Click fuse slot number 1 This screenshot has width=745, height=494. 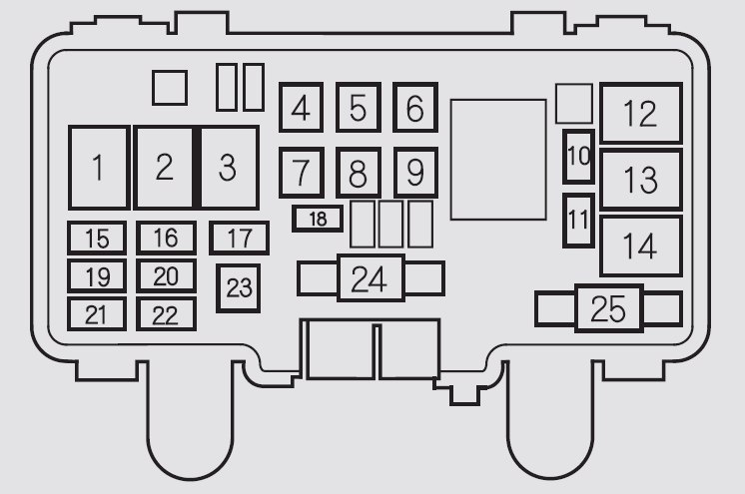(98, 168)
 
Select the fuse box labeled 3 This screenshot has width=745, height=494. (229, 168)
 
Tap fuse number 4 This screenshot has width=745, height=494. (301, 109)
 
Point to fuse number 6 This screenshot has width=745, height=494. (414, 109)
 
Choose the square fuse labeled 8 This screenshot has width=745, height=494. (358, 175)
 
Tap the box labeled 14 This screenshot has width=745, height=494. (640, 245)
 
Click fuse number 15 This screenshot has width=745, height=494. (97, 239)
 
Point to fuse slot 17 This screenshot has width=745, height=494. (239, 239)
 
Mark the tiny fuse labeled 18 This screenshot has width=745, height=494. (318, 219)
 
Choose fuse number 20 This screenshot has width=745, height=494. (166, 275)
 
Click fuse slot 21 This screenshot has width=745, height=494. (97, 314)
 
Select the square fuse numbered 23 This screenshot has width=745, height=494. (239, 288)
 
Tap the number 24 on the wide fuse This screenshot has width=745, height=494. (369, 278)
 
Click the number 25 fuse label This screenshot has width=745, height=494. (608, 309)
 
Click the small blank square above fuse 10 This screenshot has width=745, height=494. (573, 103)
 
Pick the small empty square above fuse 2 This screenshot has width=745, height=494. (170, 87)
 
